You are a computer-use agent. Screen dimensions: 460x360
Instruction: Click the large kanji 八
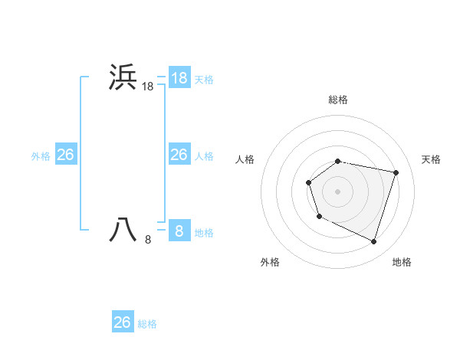(123, 230)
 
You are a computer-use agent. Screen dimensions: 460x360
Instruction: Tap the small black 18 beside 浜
(148, 87)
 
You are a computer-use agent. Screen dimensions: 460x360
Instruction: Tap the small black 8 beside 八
(148, 240)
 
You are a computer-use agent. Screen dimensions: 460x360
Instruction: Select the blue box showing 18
(179, 77)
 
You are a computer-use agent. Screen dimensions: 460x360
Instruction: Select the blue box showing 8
(179, 230)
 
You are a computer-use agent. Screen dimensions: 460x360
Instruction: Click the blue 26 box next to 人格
(179, 155)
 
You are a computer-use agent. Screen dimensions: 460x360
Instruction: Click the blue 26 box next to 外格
(65, 155)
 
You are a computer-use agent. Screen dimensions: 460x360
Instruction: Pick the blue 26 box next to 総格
(123, 322)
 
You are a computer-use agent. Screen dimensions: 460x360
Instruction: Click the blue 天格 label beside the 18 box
(204, 79)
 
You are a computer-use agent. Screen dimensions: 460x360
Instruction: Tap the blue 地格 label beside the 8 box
(204, 232)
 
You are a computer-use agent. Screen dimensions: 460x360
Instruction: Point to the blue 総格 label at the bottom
(147, 324)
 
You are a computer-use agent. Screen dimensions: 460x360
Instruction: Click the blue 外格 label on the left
(41, 156)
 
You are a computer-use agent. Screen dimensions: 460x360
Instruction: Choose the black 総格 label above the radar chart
(338, 100)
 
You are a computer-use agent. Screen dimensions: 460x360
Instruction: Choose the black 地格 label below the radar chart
(402, 262)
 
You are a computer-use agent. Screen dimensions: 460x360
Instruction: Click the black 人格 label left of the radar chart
(245, 159)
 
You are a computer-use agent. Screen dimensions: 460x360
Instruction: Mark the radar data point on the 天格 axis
(396, 172)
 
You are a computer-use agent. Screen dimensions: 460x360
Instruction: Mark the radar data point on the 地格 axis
(374, 241)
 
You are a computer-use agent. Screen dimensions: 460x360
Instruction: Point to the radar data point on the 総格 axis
(338, 161)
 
